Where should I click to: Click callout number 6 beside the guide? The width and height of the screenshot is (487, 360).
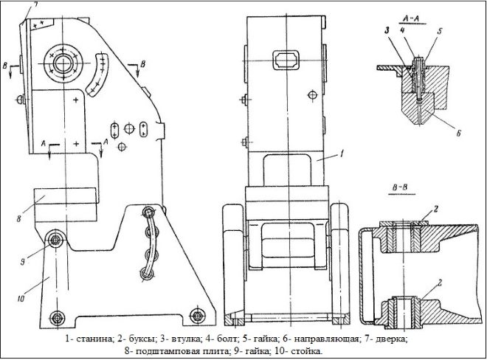[458, 134]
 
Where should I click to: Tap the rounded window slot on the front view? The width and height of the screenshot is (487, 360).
[286, 58]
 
